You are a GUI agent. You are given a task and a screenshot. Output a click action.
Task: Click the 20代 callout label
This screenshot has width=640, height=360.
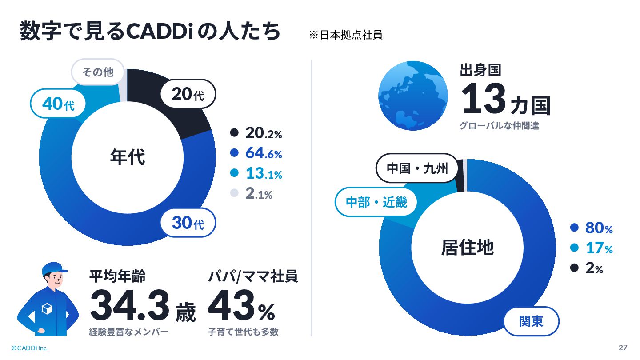[x=188, y=94]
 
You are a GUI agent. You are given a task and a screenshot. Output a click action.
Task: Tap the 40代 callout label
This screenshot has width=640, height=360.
[x=58, y=104]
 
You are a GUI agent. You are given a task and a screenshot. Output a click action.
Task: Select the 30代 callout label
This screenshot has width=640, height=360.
[x=188, y=223]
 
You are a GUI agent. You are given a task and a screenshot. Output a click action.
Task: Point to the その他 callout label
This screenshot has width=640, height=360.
[x=98, y=72]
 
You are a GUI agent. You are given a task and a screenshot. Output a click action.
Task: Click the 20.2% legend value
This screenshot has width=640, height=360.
[x=264, y=133]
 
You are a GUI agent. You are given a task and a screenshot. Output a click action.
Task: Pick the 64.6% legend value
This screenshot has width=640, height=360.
[x=264, y=153]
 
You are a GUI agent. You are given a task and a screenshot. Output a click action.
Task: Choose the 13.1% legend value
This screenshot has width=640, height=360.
[x=264, y=173]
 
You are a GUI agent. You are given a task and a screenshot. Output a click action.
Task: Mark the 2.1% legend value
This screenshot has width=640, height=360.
[x=259, y=194]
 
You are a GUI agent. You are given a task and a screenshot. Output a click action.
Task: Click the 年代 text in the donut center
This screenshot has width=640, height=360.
[x=128, y=157]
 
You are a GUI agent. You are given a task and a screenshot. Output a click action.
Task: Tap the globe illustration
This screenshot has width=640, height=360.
[x=413, y=96]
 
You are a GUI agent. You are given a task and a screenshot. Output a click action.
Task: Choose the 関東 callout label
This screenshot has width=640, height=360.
[x=531, y=321]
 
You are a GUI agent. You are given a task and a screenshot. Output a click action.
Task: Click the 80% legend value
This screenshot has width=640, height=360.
[x=599, y=228]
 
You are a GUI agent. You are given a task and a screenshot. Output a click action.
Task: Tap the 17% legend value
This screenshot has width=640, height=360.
[x=599, y=248]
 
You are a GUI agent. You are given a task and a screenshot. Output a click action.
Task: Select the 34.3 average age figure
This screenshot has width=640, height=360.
[x=130, y=305]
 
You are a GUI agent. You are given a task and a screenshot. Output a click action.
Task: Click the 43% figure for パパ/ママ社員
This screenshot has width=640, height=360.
[x=241, y=305]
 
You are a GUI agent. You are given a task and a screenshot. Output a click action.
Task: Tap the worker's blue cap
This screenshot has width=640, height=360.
[x=54, y=268]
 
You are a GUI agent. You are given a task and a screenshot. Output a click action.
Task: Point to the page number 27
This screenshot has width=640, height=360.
[x=623, y=348]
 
